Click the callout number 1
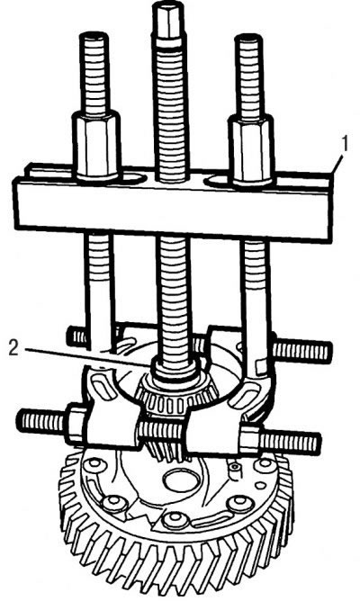point(345,145)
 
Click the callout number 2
point(13,348)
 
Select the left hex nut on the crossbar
point(95,146)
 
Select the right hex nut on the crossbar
point(251,150)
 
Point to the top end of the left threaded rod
point(94,36)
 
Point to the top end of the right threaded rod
point(249,39)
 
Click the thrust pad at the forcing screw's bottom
point(175,369)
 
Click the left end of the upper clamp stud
point(70,336)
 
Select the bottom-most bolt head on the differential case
point(175,520)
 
